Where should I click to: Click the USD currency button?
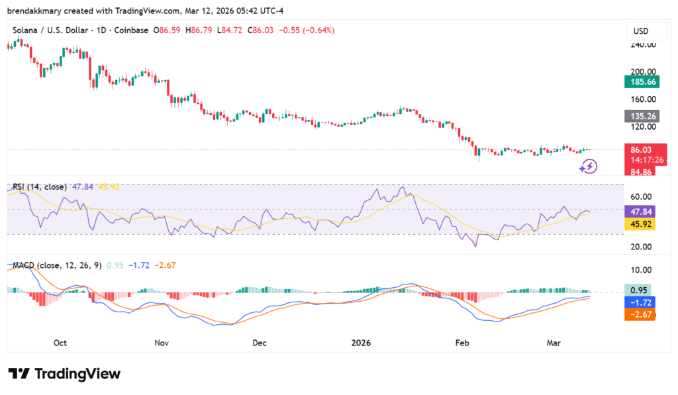pyautogui.click(x=640, y=31)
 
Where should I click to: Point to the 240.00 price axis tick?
pyautogui.click(x=643, y=45)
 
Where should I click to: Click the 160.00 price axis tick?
pyautogui.click(x=643, y=99)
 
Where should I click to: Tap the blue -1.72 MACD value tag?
pyautogui.click(x=640, y=302)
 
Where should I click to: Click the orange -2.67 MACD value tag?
pyautogui.click(x=640, y=314)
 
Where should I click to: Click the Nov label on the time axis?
pyautogui.click(x=162, y=343)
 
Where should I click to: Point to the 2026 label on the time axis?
pyautogui.click(x=362, y=343)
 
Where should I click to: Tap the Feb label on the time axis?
pyautogui.click(x=463, y=343)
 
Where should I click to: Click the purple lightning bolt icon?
pyautogui.click(x=588, y=166)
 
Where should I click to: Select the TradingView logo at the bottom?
pyautogui.click(x=64, y=374)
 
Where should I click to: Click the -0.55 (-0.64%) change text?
pyautogui.click(x=307, y=30)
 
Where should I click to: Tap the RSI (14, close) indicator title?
pyautogui.click(x=40, y=187)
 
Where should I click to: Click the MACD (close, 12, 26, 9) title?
pyautogui.click(x=57, y=265)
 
